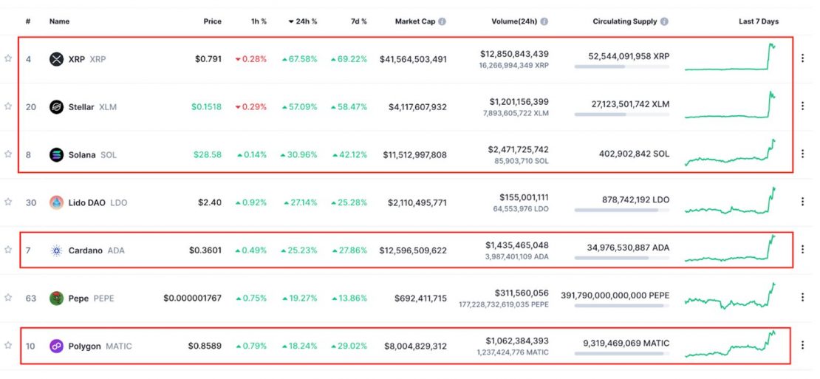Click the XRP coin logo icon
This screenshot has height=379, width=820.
[56, 59]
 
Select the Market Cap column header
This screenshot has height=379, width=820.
[414, 21]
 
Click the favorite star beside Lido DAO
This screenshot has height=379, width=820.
[8, 202]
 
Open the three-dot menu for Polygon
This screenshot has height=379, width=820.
[802, 346]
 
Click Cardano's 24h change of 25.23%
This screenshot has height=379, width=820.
[299, 250]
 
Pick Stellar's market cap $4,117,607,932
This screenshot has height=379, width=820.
[417, 107]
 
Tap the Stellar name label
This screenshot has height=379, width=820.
[81, 107]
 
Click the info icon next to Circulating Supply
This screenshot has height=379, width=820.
[665, 21]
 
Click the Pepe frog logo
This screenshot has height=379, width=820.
[56, 298]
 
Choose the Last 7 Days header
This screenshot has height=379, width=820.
[758, 21]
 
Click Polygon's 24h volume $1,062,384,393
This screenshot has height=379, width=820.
[516, 341]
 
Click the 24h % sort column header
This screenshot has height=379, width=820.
[303, 21]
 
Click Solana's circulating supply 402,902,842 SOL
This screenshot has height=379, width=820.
[634, 154]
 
